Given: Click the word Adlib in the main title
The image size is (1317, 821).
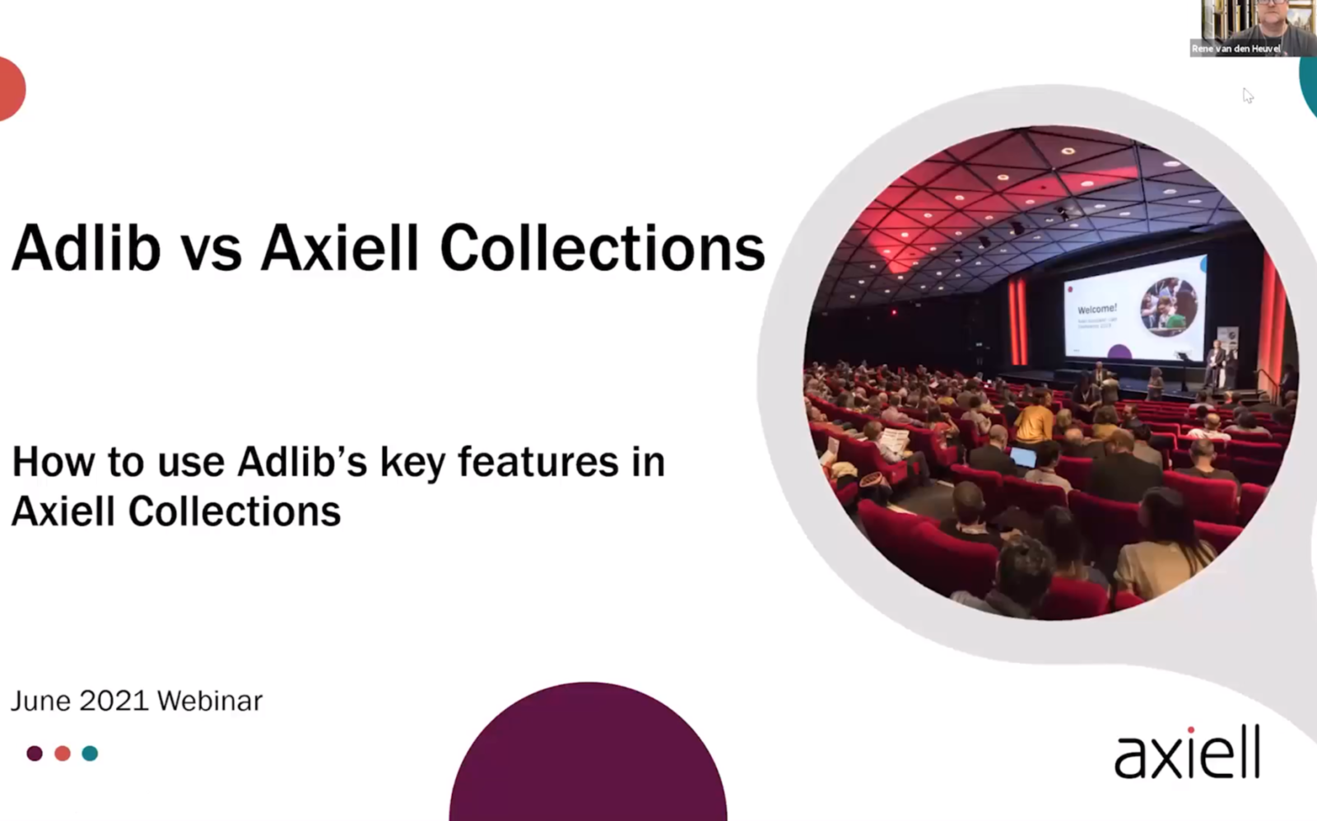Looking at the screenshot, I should click(x=86, y=247).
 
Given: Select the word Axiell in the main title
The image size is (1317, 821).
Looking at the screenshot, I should click(x=340, y=247).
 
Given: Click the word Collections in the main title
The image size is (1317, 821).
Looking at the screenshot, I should click(x=603, y=247).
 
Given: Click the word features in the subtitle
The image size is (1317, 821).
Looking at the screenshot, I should click(x=538, y=461).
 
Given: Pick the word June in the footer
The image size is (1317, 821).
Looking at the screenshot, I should click(x=40, y=701).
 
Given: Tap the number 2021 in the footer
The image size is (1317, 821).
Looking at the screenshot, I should click(x=114, y=701).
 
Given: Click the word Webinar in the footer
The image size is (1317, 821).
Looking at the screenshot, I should click(x=210, y=701).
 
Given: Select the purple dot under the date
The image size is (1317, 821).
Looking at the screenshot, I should click(x=35, y=753).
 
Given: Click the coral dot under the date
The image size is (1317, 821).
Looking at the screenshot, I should click(x=63, y=753).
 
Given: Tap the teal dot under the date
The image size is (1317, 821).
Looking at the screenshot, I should click(x=91, y=753).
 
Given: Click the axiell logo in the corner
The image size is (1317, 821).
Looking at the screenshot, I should click(x=1187, y=753).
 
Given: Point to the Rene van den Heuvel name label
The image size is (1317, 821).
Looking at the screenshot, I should click(x=1236, y=49).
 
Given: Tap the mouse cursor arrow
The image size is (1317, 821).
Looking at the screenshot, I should click(x=1248, y=96).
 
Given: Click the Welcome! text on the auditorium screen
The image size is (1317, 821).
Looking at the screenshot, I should click(x=1096, y=309).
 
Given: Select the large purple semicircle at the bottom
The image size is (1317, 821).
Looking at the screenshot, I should click(x=588, y=758).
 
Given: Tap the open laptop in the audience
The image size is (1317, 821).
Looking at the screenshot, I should click(x=1023, y=456).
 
